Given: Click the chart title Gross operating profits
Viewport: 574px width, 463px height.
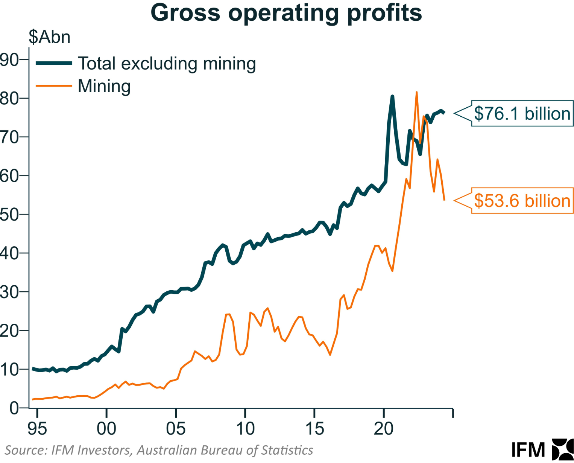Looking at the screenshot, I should coord(286,13).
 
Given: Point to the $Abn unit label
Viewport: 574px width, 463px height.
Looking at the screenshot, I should coord(49,37).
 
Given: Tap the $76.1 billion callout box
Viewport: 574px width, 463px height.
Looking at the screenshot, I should coord(522,113).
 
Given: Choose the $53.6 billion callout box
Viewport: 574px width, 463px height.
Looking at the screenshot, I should coord(522,201).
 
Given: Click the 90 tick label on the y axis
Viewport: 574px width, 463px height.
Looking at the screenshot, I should coord(9,59).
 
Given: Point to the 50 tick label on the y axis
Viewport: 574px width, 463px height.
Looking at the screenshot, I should coord(9,214).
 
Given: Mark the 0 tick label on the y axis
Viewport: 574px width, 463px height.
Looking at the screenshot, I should coord(14,408).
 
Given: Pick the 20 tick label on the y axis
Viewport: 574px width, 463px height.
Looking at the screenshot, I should coord(9,330).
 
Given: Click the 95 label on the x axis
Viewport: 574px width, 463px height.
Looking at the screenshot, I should coord(37,428).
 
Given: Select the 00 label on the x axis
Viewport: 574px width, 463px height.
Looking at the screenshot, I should coord(106,428).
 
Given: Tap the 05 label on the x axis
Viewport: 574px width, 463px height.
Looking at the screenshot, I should coord(176,428).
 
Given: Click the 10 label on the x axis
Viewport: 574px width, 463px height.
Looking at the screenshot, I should coord(245,428).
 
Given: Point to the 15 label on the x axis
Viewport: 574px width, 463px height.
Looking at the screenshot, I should coord(314,428).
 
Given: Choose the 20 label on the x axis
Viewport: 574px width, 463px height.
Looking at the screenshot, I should coord(384,428).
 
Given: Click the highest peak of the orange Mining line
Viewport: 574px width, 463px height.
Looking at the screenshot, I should coord(416,92).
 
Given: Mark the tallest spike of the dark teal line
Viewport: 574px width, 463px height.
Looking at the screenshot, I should coord(392,97).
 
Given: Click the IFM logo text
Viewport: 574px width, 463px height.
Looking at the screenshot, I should coord(528,450).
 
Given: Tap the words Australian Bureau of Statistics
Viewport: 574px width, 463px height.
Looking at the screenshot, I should coord(225,450).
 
